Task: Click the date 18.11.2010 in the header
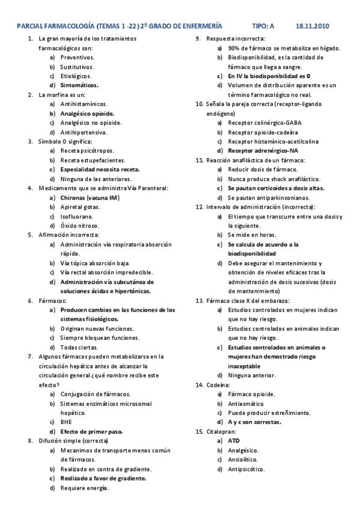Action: [313, 26]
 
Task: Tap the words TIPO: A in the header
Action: [263, 26]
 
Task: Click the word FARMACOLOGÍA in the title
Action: [67, 26]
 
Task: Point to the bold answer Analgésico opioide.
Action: [87, 113]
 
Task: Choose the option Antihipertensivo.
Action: [84, 132]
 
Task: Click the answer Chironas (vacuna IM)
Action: [90, 197]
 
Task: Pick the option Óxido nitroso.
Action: [81, 226]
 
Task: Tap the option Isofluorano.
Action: [76, 216]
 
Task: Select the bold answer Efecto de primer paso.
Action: [91, 431]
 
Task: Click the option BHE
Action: [66, 422]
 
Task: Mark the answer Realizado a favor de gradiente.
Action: [103, 478]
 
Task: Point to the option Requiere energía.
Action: [84, 488]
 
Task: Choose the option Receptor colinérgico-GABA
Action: [264, 122]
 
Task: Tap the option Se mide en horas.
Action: [252, 235]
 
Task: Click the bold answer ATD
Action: [233, 441]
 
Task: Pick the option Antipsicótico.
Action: [247, 469]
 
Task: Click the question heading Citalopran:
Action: [221, 431]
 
